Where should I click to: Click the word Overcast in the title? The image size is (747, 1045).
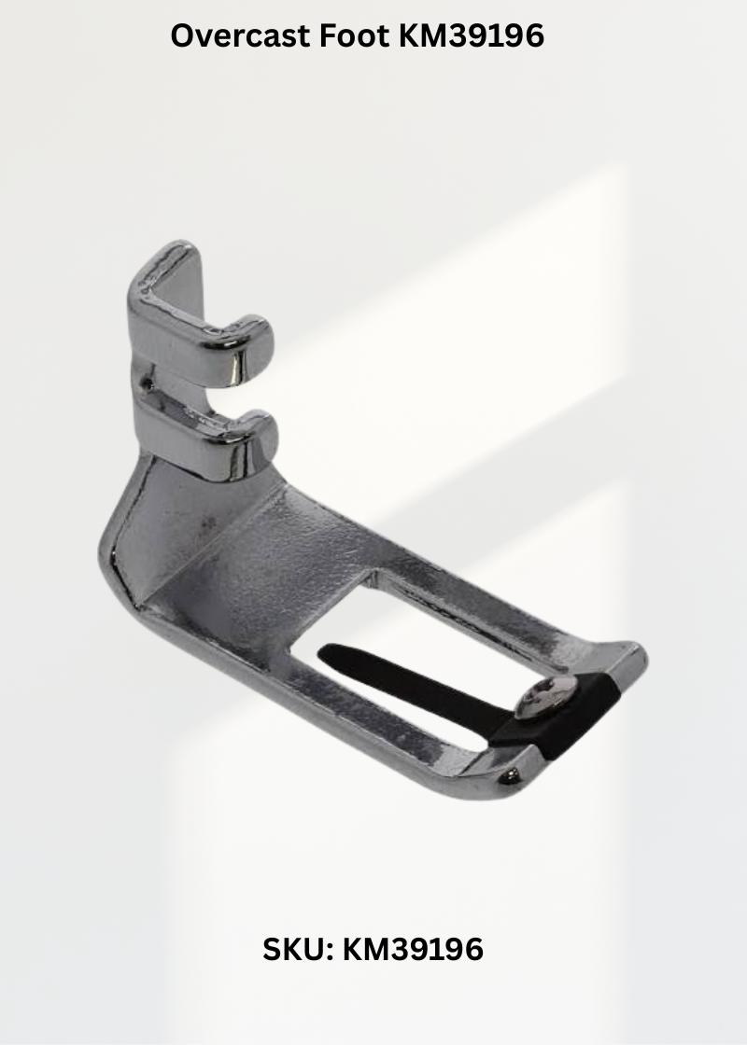pos(241,35)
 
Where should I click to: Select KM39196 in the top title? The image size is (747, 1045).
pos(472,35)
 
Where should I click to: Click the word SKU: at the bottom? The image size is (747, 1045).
pos(298,949)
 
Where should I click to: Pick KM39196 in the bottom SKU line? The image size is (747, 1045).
pos(413,949)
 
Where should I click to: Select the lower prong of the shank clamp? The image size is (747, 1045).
pos(214,437)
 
